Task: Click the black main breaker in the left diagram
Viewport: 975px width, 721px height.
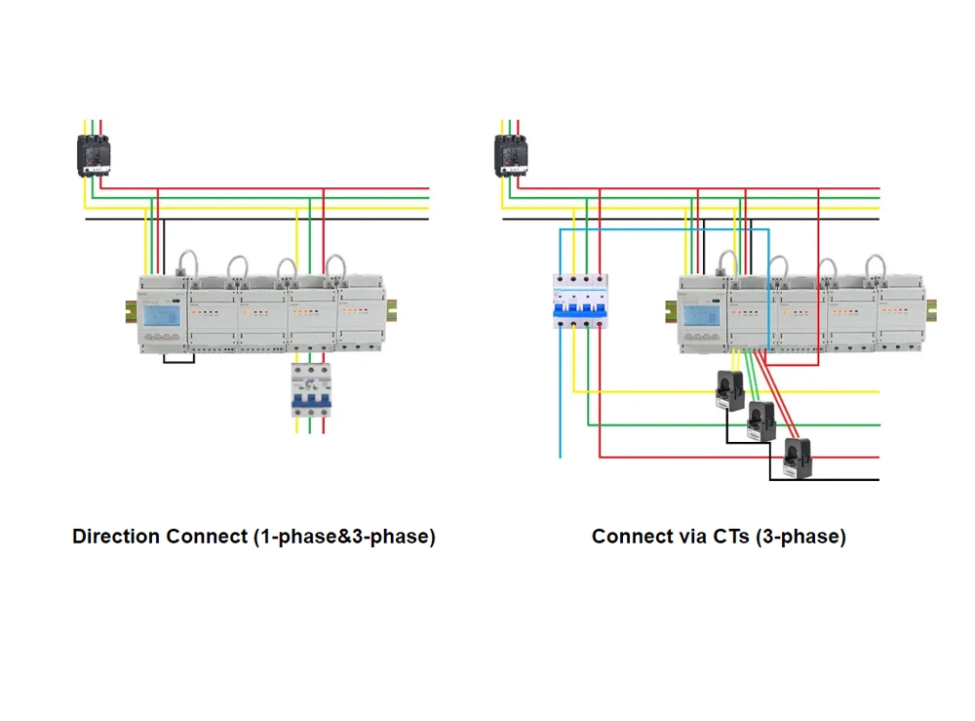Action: pos(94,154)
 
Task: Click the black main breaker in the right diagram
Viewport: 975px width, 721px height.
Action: pos(511,154)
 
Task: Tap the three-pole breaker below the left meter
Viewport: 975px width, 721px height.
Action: pos(312,390)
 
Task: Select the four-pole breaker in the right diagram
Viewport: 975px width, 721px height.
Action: pos(580,300)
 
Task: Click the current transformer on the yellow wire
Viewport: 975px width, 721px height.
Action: pos(731,389)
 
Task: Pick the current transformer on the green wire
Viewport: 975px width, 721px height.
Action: pos(760,421)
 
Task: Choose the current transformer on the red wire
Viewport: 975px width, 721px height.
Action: pos(798,457)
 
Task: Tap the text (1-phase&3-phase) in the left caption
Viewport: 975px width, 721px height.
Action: pos(344,537)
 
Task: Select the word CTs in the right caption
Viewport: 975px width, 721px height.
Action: pos(729,537)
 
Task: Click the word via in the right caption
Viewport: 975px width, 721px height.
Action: pos(688,537)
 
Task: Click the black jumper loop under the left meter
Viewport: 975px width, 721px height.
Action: pos(179,361)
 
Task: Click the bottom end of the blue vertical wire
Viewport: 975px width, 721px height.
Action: pos(561,454)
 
